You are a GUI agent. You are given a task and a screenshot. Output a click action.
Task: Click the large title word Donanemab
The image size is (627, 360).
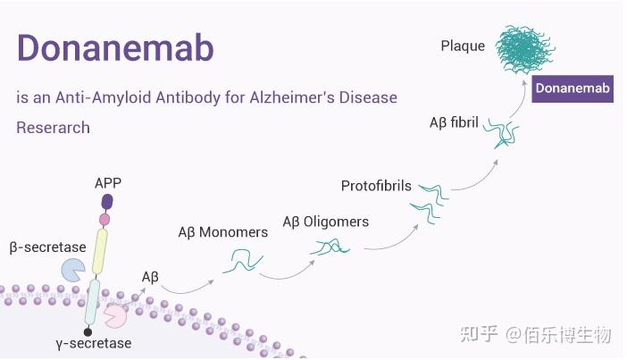[x=115, y=49]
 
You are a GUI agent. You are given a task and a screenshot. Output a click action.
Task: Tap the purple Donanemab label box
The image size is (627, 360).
[x=573, y=88]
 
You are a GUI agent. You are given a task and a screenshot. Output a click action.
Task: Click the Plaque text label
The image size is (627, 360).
[x=463, y=45]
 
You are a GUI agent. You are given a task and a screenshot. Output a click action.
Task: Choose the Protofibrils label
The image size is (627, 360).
[x=376, y=186]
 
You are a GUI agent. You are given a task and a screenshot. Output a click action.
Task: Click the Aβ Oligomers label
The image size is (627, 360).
[x=325, y=222]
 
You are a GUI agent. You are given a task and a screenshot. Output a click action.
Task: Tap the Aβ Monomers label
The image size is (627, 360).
[x=222, y=232]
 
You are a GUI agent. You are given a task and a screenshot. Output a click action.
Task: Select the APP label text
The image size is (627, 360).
[x=108, y=183]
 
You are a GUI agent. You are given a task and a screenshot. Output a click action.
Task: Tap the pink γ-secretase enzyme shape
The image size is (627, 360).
[x=115, y=314]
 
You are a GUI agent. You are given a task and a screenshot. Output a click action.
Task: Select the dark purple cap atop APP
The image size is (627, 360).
[x=108, y=202]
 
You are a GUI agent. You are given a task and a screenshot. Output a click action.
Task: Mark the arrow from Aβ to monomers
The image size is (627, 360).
[x=188, y=287]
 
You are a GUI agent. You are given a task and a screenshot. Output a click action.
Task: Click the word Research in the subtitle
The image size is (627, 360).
[x=53, y=128]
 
